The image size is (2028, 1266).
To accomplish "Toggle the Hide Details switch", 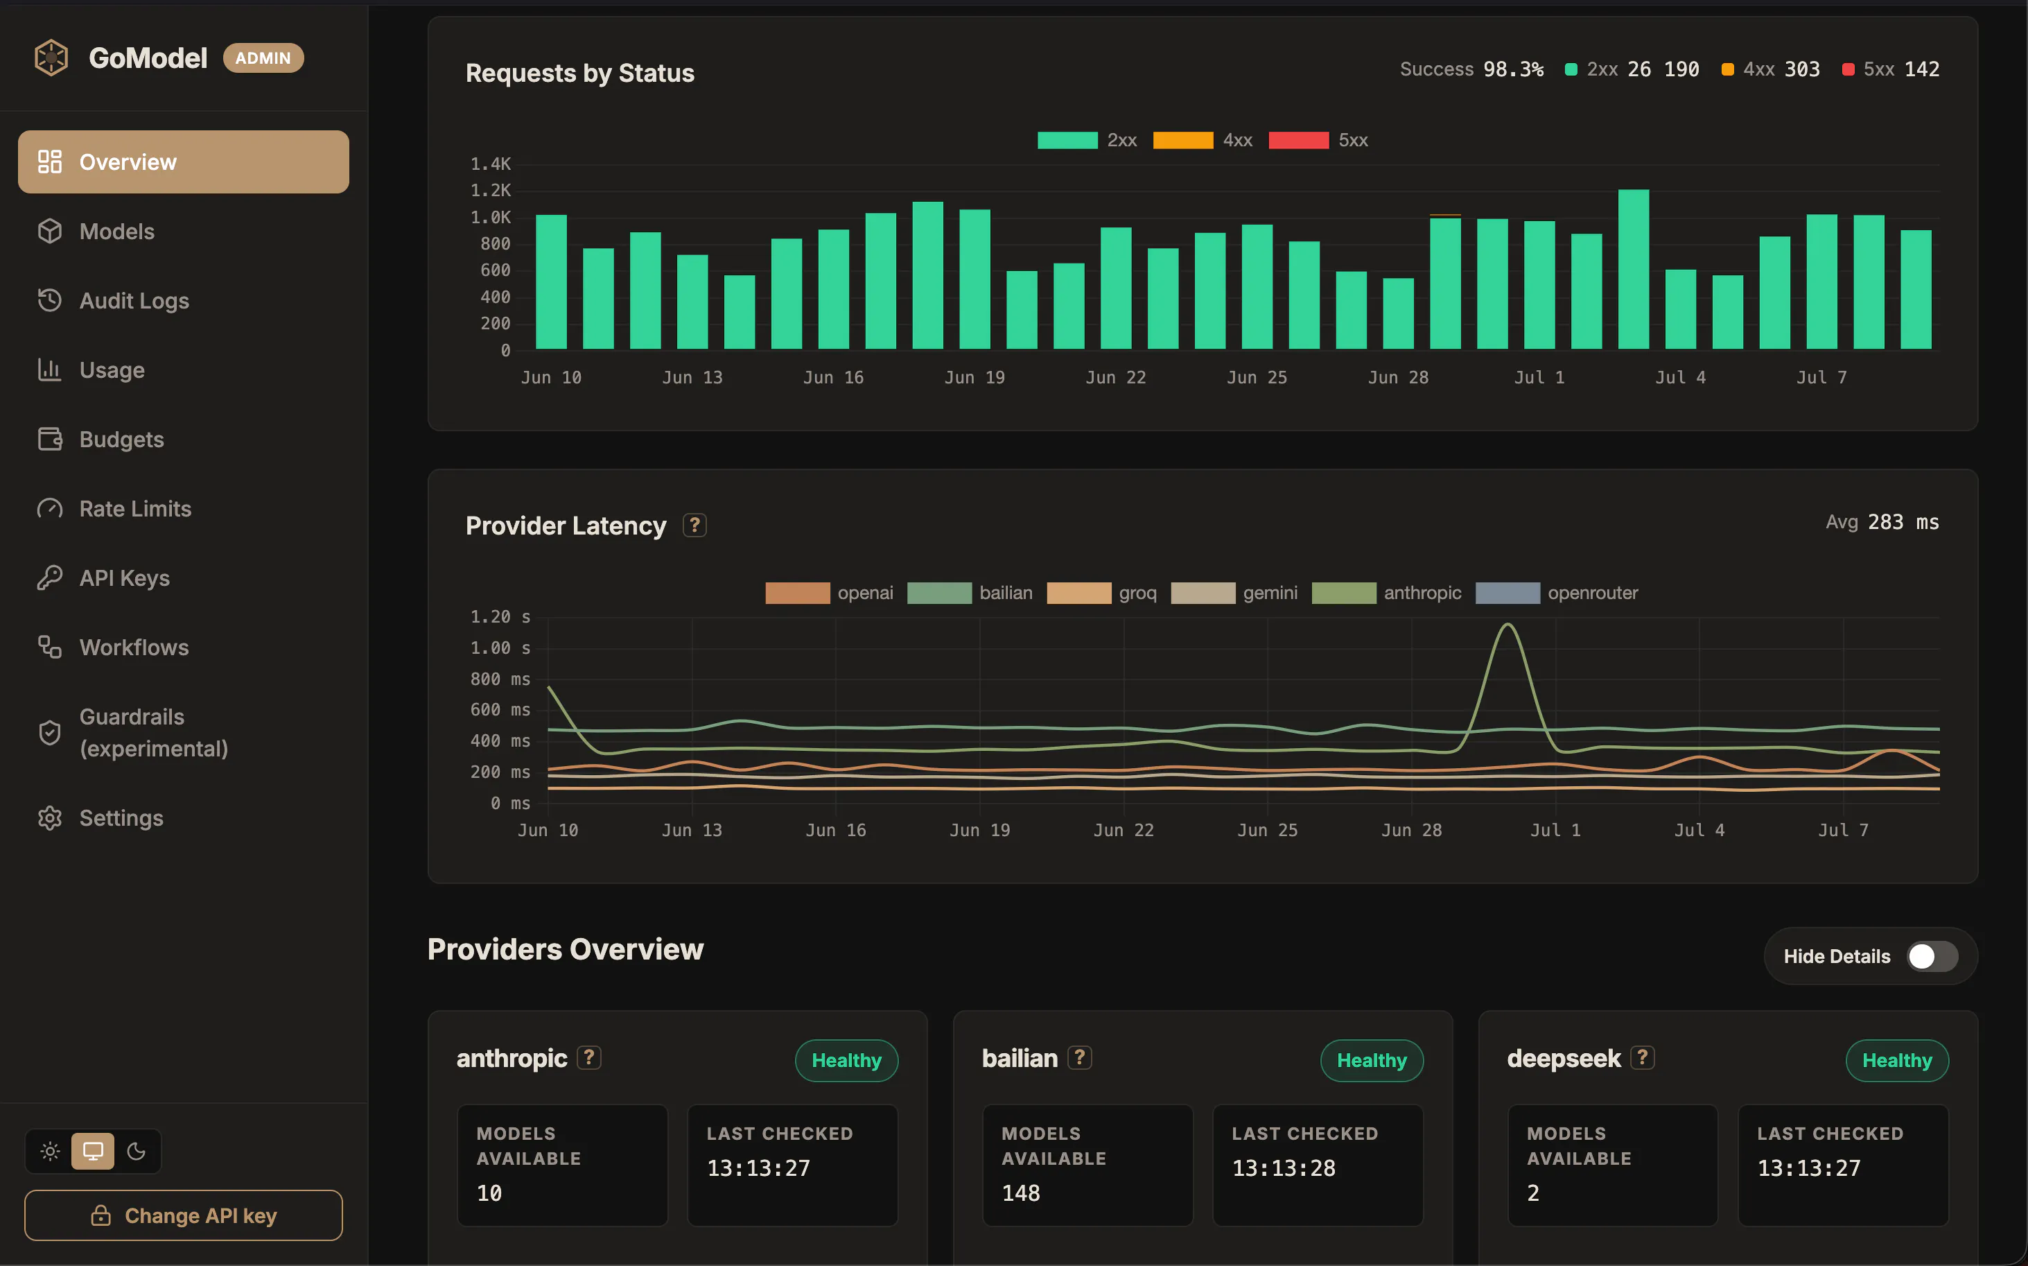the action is [1932, 956].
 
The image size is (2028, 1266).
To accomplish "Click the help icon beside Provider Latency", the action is [694, 525].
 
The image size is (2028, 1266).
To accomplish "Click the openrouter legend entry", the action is [1557, 593].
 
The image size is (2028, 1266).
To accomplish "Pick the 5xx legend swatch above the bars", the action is [1298, 140].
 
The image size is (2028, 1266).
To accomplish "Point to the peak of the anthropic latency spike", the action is [1507, 624].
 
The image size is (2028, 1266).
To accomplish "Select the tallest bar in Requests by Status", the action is [1633, 269].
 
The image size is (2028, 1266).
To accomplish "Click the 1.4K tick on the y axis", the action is [491, 164].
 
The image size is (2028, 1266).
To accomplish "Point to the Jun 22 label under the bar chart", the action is [1116, 378].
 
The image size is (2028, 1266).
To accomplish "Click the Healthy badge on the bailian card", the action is [1372, 1060].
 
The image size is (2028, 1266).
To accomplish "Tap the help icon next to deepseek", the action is [1642, 1057].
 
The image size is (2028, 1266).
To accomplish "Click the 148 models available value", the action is [1021, 1193].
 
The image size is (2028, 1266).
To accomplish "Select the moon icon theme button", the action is [137, 1152].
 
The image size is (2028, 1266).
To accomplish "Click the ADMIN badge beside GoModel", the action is [263, 58].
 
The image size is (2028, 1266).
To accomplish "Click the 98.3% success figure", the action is [1513, 69].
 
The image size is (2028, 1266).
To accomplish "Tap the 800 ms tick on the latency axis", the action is [500, 679].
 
